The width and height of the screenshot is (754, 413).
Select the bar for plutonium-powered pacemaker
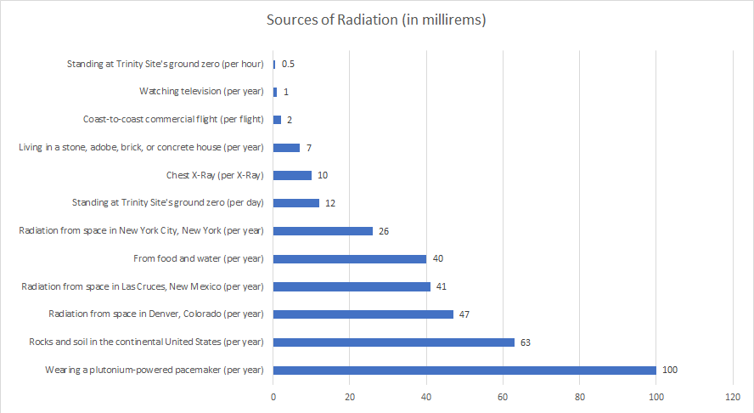464,370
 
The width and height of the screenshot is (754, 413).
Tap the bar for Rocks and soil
394,342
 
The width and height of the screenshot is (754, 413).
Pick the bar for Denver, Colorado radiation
363,314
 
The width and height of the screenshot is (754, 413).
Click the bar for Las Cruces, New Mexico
352,286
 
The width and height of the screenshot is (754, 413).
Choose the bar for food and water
350,258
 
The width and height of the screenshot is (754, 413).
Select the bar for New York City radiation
323,230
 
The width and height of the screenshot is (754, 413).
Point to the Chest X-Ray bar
292,175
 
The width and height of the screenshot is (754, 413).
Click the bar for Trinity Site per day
296,203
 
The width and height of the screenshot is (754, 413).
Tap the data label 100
670,370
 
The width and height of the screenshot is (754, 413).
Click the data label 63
526,342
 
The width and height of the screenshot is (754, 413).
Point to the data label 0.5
288,64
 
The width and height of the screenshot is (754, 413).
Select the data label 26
384,230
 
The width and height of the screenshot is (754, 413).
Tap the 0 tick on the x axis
273,397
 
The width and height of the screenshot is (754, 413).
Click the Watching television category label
201,92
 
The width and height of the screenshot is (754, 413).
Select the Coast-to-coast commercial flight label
173,120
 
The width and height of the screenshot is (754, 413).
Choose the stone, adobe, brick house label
141,148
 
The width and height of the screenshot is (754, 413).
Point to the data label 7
309,148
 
